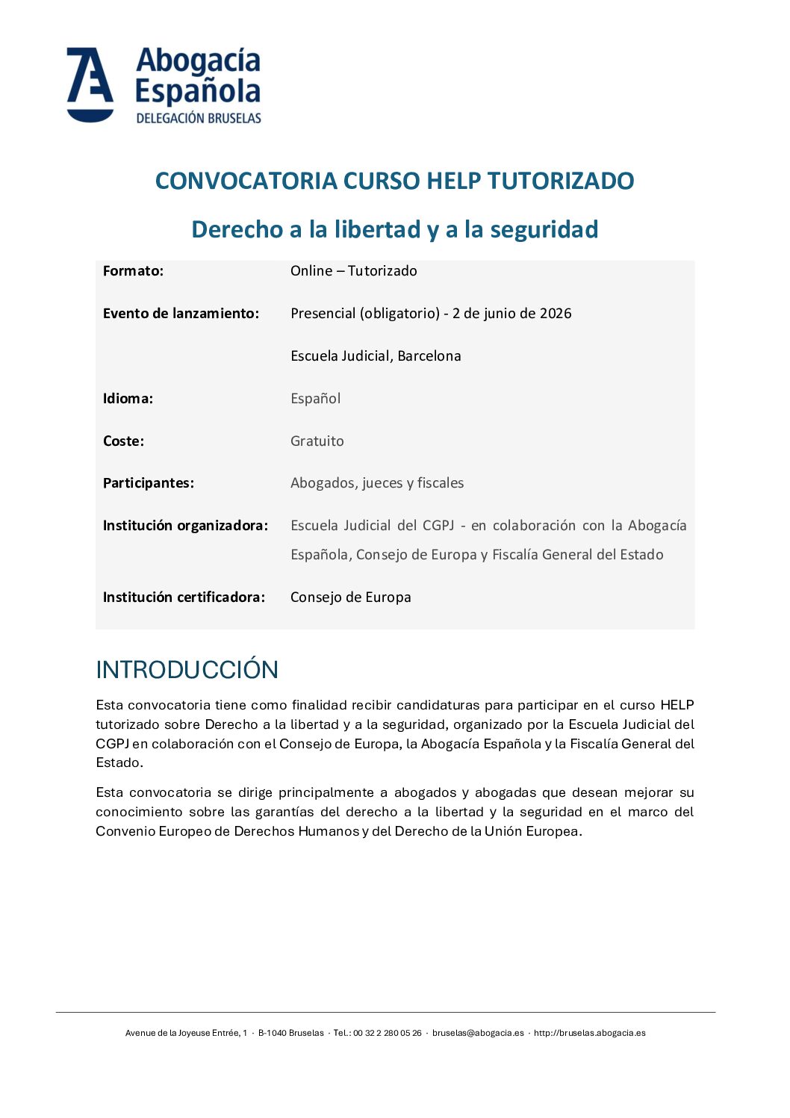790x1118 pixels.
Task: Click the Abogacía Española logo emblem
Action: (90, 84)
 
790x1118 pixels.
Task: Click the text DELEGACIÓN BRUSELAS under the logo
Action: (199, 118)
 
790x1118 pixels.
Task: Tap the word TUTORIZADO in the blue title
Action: (561, 181)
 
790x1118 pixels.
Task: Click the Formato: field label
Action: (133, 271)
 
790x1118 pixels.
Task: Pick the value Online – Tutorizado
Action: (354, 271)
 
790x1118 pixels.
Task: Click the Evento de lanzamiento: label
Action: (181, 314)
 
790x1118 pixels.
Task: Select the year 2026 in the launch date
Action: (556, 314)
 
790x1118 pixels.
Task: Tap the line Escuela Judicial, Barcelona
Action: (376, 356)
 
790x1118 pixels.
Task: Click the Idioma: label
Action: (128, 399)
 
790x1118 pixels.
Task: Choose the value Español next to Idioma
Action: (315, 399)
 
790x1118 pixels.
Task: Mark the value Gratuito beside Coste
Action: (317, 441)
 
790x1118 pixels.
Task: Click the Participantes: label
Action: (149, 483)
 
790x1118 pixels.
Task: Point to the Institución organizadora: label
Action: (185, 526)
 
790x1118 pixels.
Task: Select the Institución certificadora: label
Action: (184, 597)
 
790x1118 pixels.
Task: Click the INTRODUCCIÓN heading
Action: (187, 670)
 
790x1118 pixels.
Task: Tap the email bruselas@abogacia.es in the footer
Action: (478, 1034)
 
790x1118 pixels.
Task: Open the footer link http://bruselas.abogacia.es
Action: (589, 1034)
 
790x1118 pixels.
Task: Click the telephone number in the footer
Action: (387, 1034)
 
